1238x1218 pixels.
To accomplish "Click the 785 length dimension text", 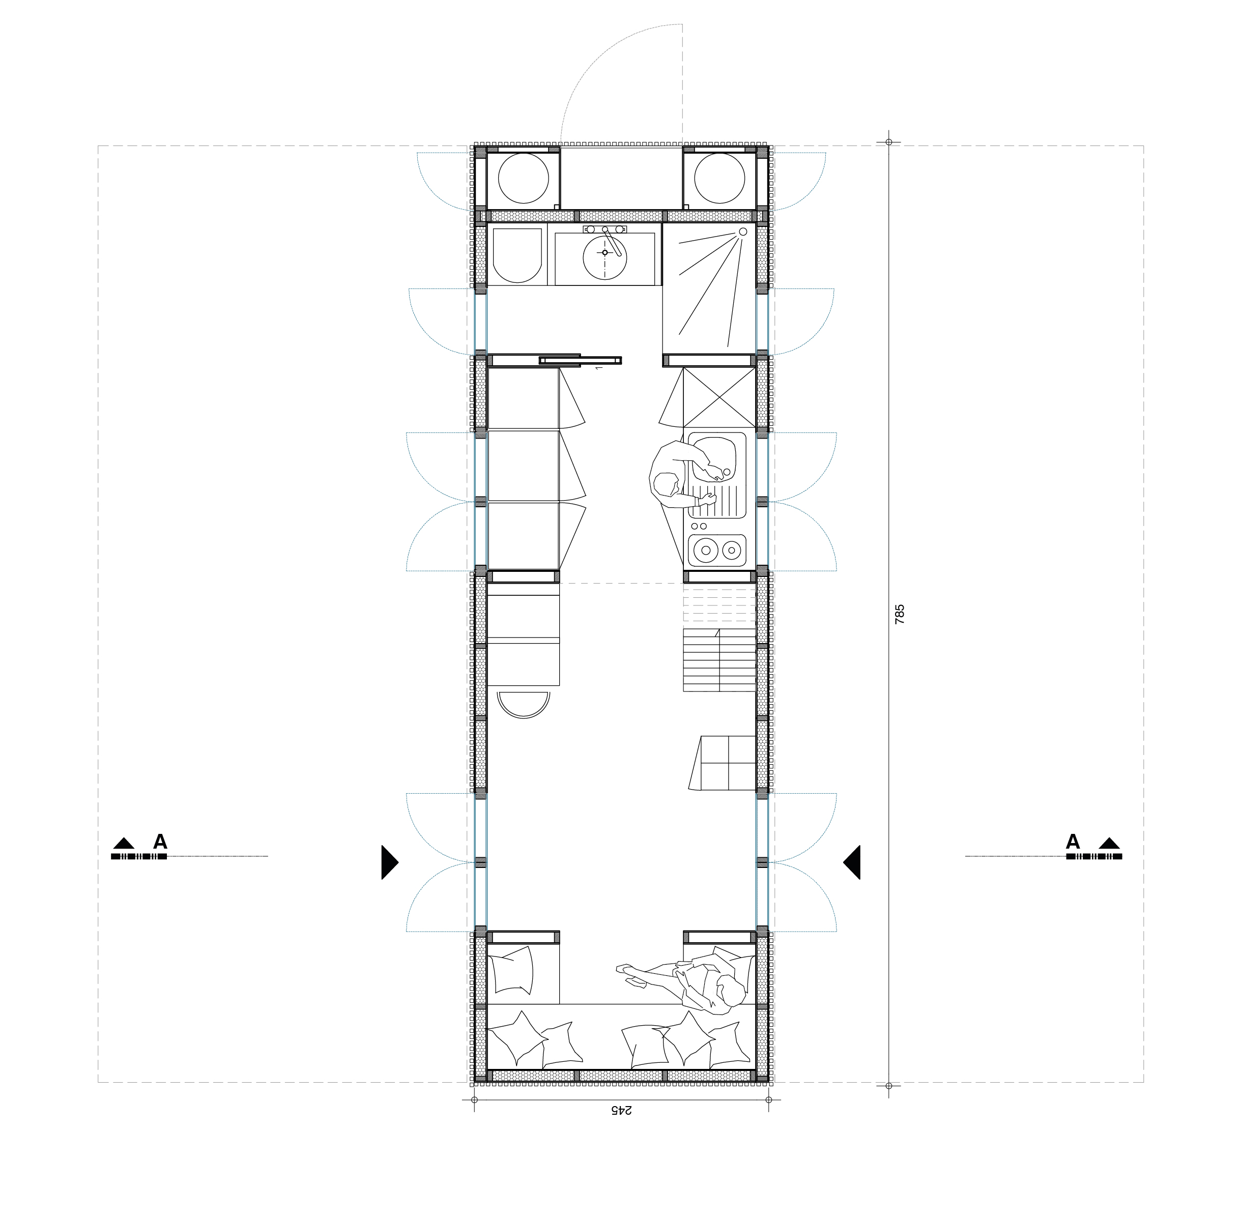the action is click(900, 614).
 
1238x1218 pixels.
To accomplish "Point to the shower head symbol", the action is click(743, 231).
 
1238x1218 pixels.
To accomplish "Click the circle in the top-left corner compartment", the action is click(524, 179).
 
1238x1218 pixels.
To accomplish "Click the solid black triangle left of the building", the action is click(389, 862).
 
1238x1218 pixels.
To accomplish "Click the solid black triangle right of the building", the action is click(852, 862).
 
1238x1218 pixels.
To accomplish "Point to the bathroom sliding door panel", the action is click(580, 360).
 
